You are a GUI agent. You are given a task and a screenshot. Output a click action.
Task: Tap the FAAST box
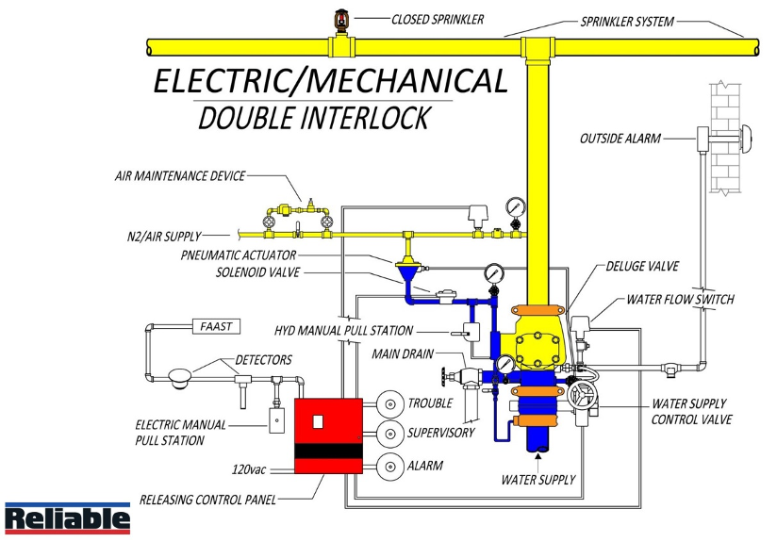[215, 326]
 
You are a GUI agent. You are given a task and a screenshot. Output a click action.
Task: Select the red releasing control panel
[328, 434]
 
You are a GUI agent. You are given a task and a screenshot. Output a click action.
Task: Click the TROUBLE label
[430, 403]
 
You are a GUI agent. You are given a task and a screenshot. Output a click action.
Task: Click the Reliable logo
[67, 517]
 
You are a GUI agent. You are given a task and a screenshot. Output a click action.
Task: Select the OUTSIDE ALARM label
[620, 140]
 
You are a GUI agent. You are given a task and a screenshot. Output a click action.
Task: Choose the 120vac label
[253, 468]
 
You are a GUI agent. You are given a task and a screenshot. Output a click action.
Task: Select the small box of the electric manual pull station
[277, 420]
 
